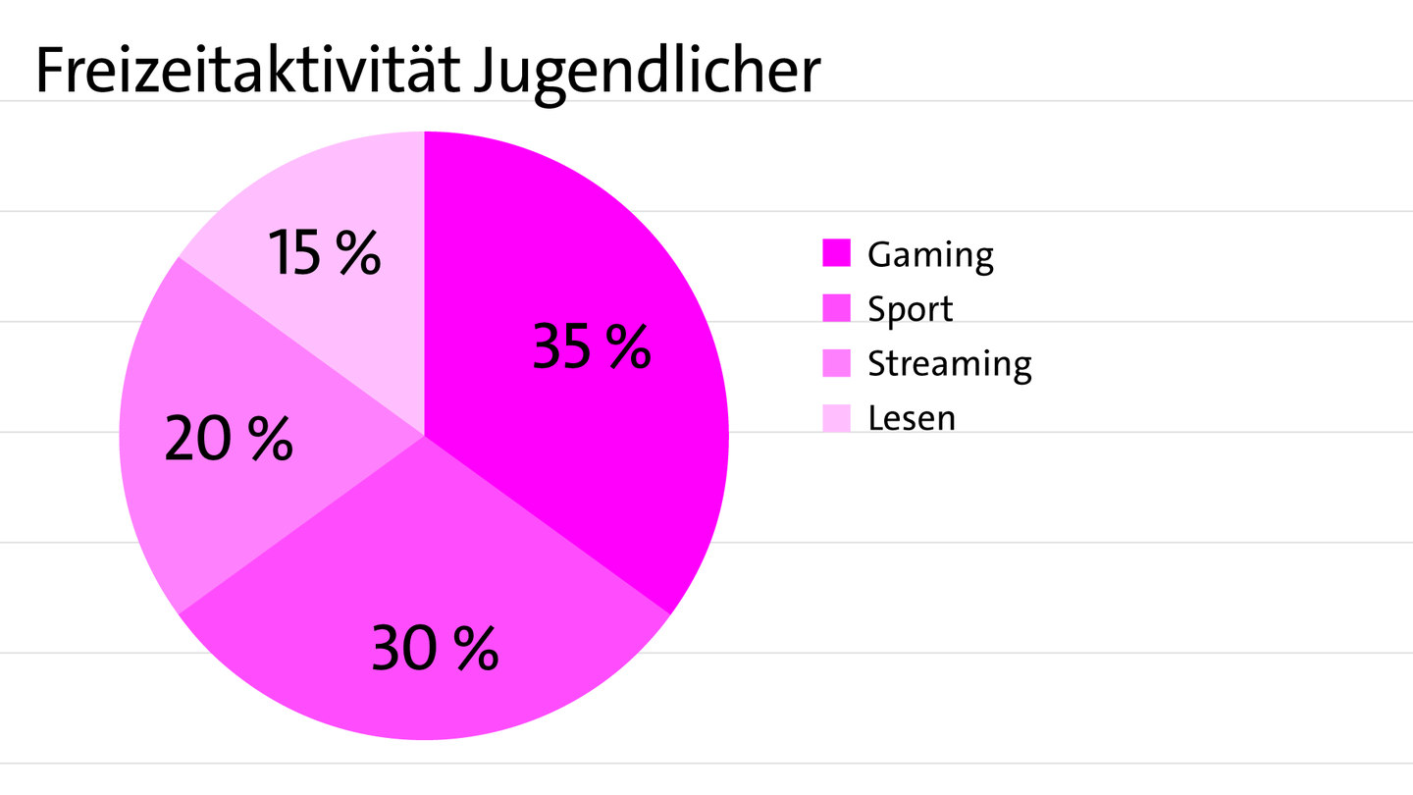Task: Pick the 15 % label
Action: tap(324, 252)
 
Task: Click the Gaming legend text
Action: tap(930, 254)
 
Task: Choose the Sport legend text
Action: tap(910, 309)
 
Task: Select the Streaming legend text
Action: tap(949, 364)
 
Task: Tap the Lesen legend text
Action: tap(912, 418)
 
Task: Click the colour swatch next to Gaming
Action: tap(836, 253)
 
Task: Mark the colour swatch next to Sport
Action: tap(836, 308)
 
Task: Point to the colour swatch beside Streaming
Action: tap(836, 363)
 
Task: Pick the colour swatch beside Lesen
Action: tap(836, 418)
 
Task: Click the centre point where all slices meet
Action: tap(424, 436)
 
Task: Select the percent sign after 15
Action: tap(357, 252)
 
